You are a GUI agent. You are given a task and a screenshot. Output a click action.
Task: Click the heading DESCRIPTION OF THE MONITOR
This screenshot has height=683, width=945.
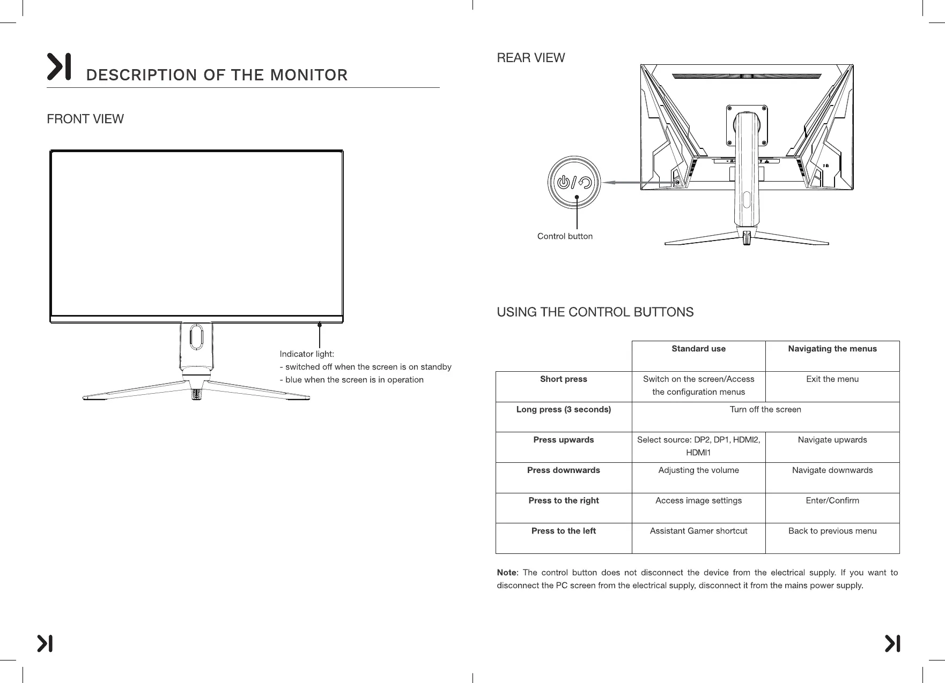click(217, 75)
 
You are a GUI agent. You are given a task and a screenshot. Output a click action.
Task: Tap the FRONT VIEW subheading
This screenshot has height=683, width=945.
click(85, 119)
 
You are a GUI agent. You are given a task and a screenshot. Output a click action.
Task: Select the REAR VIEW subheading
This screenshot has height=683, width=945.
click(530, 58)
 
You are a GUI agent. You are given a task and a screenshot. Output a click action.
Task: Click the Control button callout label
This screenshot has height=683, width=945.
click(565, 236)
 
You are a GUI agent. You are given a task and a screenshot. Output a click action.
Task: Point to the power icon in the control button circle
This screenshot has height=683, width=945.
click(563, 182)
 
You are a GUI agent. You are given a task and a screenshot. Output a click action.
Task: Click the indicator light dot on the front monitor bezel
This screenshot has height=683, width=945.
click(320, 325)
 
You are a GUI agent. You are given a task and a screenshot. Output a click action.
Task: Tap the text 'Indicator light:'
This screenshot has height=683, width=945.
click(307, 354)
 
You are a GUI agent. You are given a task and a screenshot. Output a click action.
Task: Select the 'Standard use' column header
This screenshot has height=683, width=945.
click(698, 349)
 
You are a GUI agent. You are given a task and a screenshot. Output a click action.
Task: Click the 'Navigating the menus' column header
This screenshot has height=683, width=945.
click(832, 349)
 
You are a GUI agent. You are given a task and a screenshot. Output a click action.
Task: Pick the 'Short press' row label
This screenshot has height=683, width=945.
click(563, 379)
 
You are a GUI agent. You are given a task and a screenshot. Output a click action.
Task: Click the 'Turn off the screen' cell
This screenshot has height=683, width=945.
click(765, 410)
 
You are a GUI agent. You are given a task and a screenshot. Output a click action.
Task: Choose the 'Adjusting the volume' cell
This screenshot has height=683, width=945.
click(698, 470)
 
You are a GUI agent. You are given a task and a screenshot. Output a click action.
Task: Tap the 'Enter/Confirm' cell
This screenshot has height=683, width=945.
click(832, 501)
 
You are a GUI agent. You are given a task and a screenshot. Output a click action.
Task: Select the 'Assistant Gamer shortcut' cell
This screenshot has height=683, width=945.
click(698, 531)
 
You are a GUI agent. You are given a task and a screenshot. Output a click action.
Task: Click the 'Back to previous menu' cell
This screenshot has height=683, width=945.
click(832, 531)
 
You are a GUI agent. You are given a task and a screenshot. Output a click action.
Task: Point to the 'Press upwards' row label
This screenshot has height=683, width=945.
click(563, 440)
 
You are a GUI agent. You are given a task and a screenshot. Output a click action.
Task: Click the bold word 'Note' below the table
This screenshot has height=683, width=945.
click(506, 573)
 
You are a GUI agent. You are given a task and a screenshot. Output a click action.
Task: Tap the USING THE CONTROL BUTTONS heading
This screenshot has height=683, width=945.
click(595, 312)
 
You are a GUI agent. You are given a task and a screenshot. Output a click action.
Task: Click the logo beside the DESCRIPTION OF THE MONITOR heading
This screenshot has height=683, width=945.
click(59, 67)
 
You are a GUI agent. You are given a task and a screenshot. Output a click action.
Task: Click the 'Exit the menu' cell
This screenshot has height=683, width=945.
click(832, 379)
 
